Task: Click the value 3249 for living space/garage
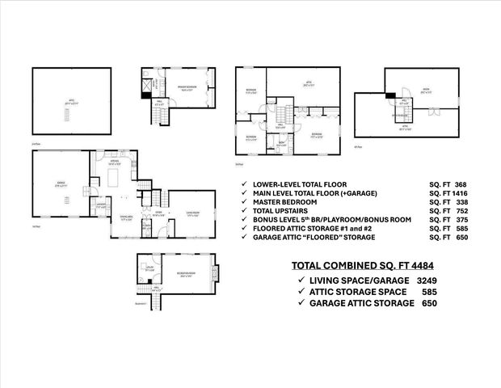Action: [x=427, y=279]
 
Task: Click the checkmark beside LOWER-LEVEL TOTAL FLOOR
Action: [x=244, y=185]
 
